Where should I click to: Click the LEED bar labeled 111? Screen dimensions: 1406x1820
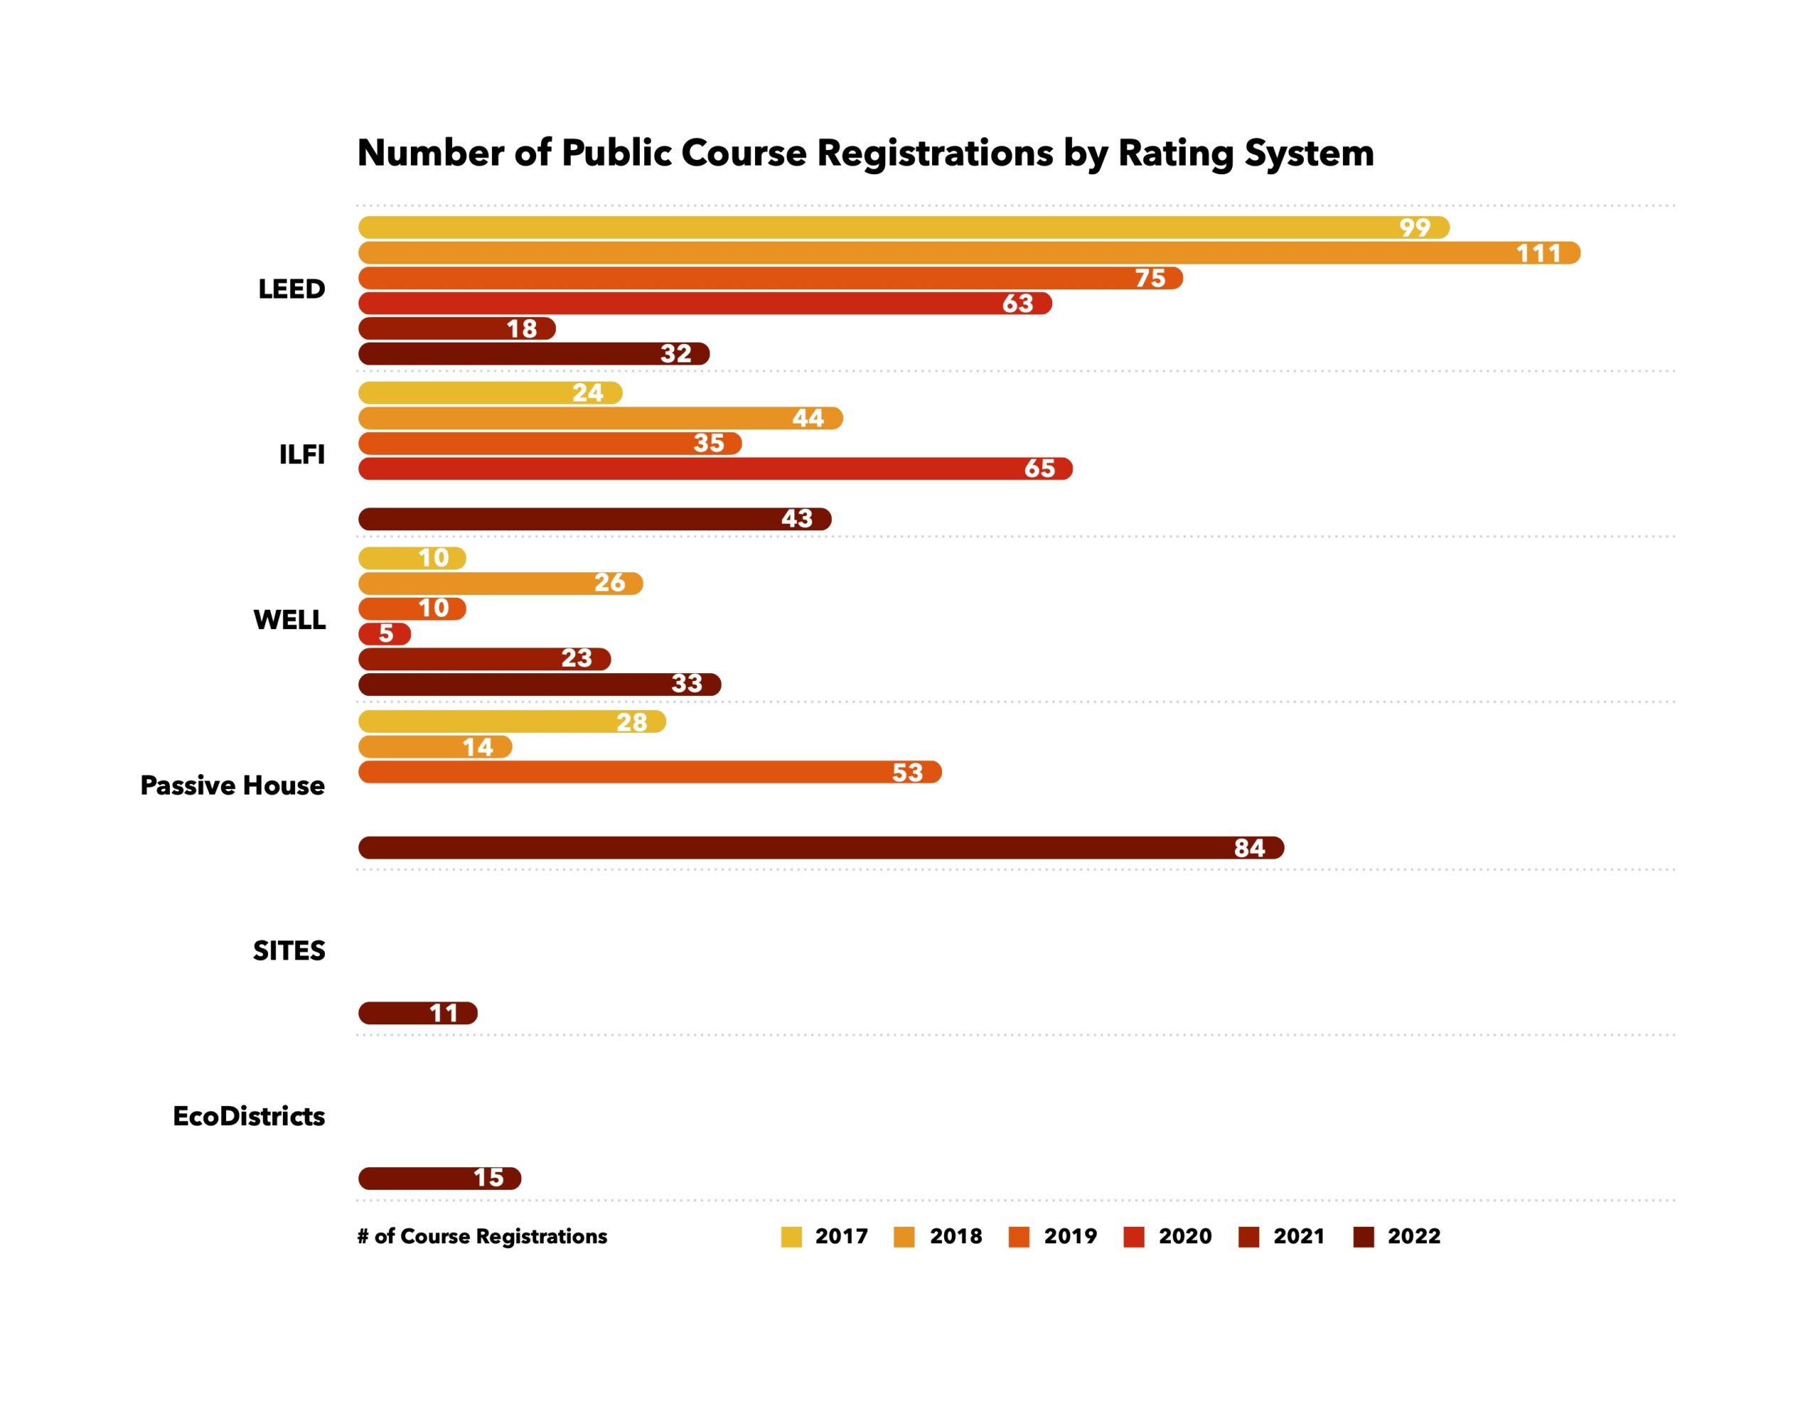pos(967,252)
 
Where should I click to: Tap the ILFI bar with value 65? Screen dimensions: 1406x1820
pos(714,468)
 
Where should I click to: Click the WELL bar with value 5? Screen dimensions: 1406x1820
pos(384,633)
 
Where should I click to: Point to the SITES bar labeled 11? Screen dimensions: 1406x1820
pos(417,1013)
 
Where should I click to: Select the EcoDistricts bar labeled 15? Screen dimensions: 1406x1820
pos(439,1178)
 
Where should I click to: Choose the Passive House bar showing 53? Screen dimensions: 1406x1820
pos(649,772)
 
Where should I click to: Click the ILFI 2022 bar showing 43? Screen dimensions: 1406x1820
pos(594,518)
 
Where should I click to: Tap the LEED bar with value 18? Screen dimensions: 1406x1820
pos(456,328)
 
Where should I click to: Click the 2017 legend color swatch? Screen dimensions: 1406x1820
pos(791,1237)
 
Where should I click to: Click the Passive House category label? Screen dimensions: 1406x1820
pos(232,785)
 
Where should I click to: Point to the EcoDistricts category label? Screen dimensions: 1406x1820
pos(248,1116)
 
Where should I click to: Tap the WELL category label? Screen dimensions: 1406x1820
pos(289,620)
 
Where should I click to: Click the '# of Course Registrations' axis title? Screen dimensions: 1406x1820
pos(482,1236)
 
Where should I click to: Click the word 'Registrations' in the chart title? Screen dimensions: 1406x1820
pos(934,153)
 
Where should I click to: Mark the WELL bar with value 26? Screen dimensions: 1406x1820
pos(500,584)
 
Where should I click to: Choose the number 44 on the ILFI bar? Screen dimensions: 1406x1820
pos(808,417)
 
